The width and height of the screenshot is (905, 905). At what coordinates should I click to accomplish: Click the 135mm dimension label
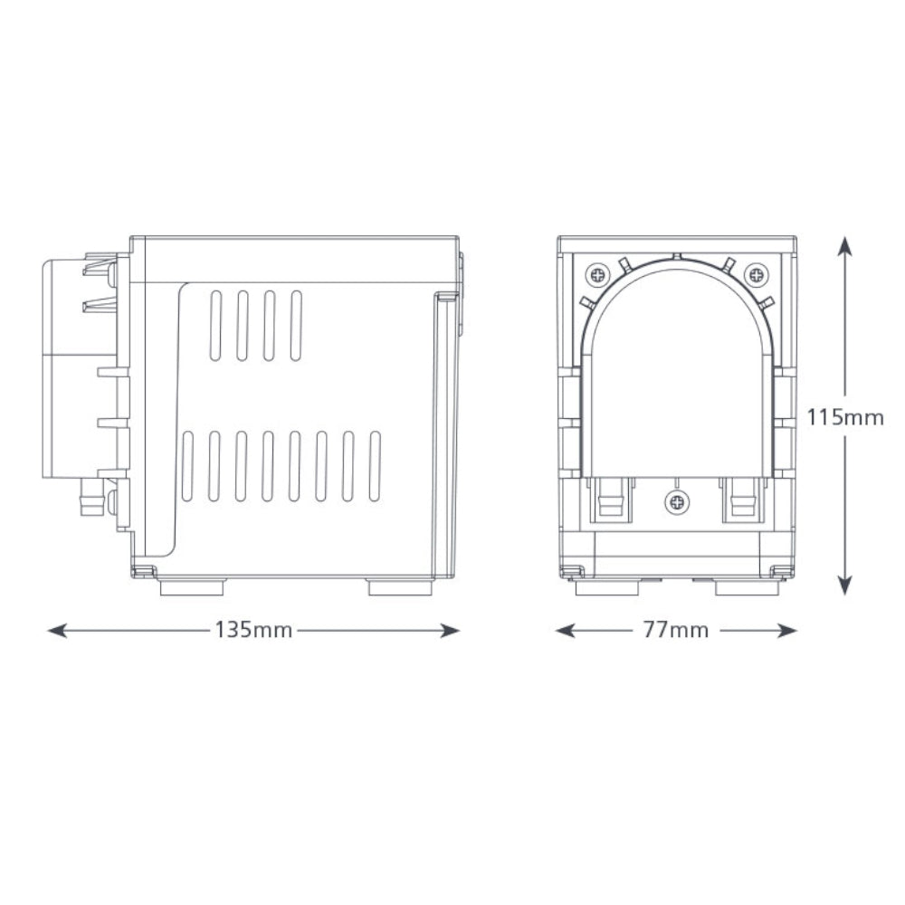(253, 631)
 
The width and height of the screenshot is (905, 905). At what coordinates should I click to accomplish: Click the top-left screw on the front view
(597, 273)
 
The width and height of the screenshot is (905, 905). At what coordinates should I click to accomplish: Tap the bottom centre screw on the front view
(676, 500)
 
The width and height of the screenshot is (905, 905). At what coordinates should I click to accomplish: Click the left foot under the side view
(191, 588)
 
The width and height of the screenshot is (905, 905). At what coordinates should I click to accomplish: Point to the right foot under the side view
(400, 588)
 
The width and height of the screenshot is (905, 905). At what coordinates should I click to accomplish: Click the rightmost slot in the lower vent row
(376, 467)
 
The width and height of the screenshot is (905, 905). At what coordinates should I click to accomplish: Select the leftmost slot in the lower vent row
(187, 467)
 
